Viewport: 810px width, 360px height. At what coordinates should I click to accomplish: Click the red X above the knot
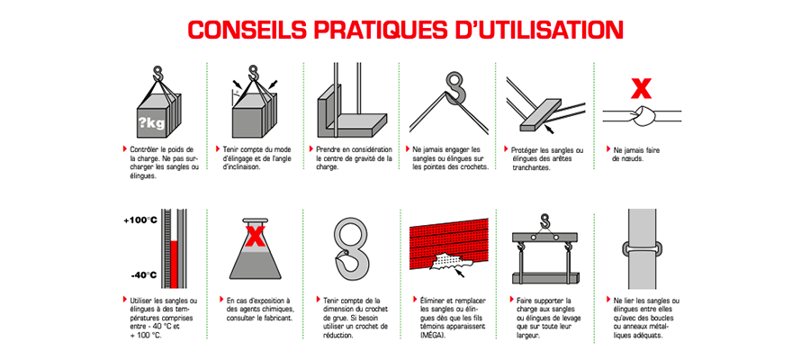[x=641, y=88]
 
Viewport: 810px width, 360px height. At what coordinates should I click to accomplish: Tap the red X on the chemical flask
[x=255, y=237]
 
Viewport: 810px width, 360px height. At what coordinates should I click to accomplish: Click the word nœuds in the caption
[x=633, y=159]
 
